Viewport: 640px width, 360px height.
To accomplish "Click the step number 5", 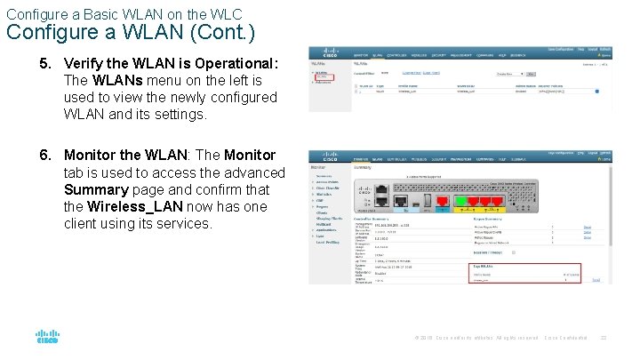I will point(44,64).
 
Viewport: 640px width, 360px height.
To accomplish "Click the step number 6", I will point(44,156).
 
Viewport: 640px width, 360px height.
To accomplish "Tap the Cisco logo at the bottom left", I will point(47,338).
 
